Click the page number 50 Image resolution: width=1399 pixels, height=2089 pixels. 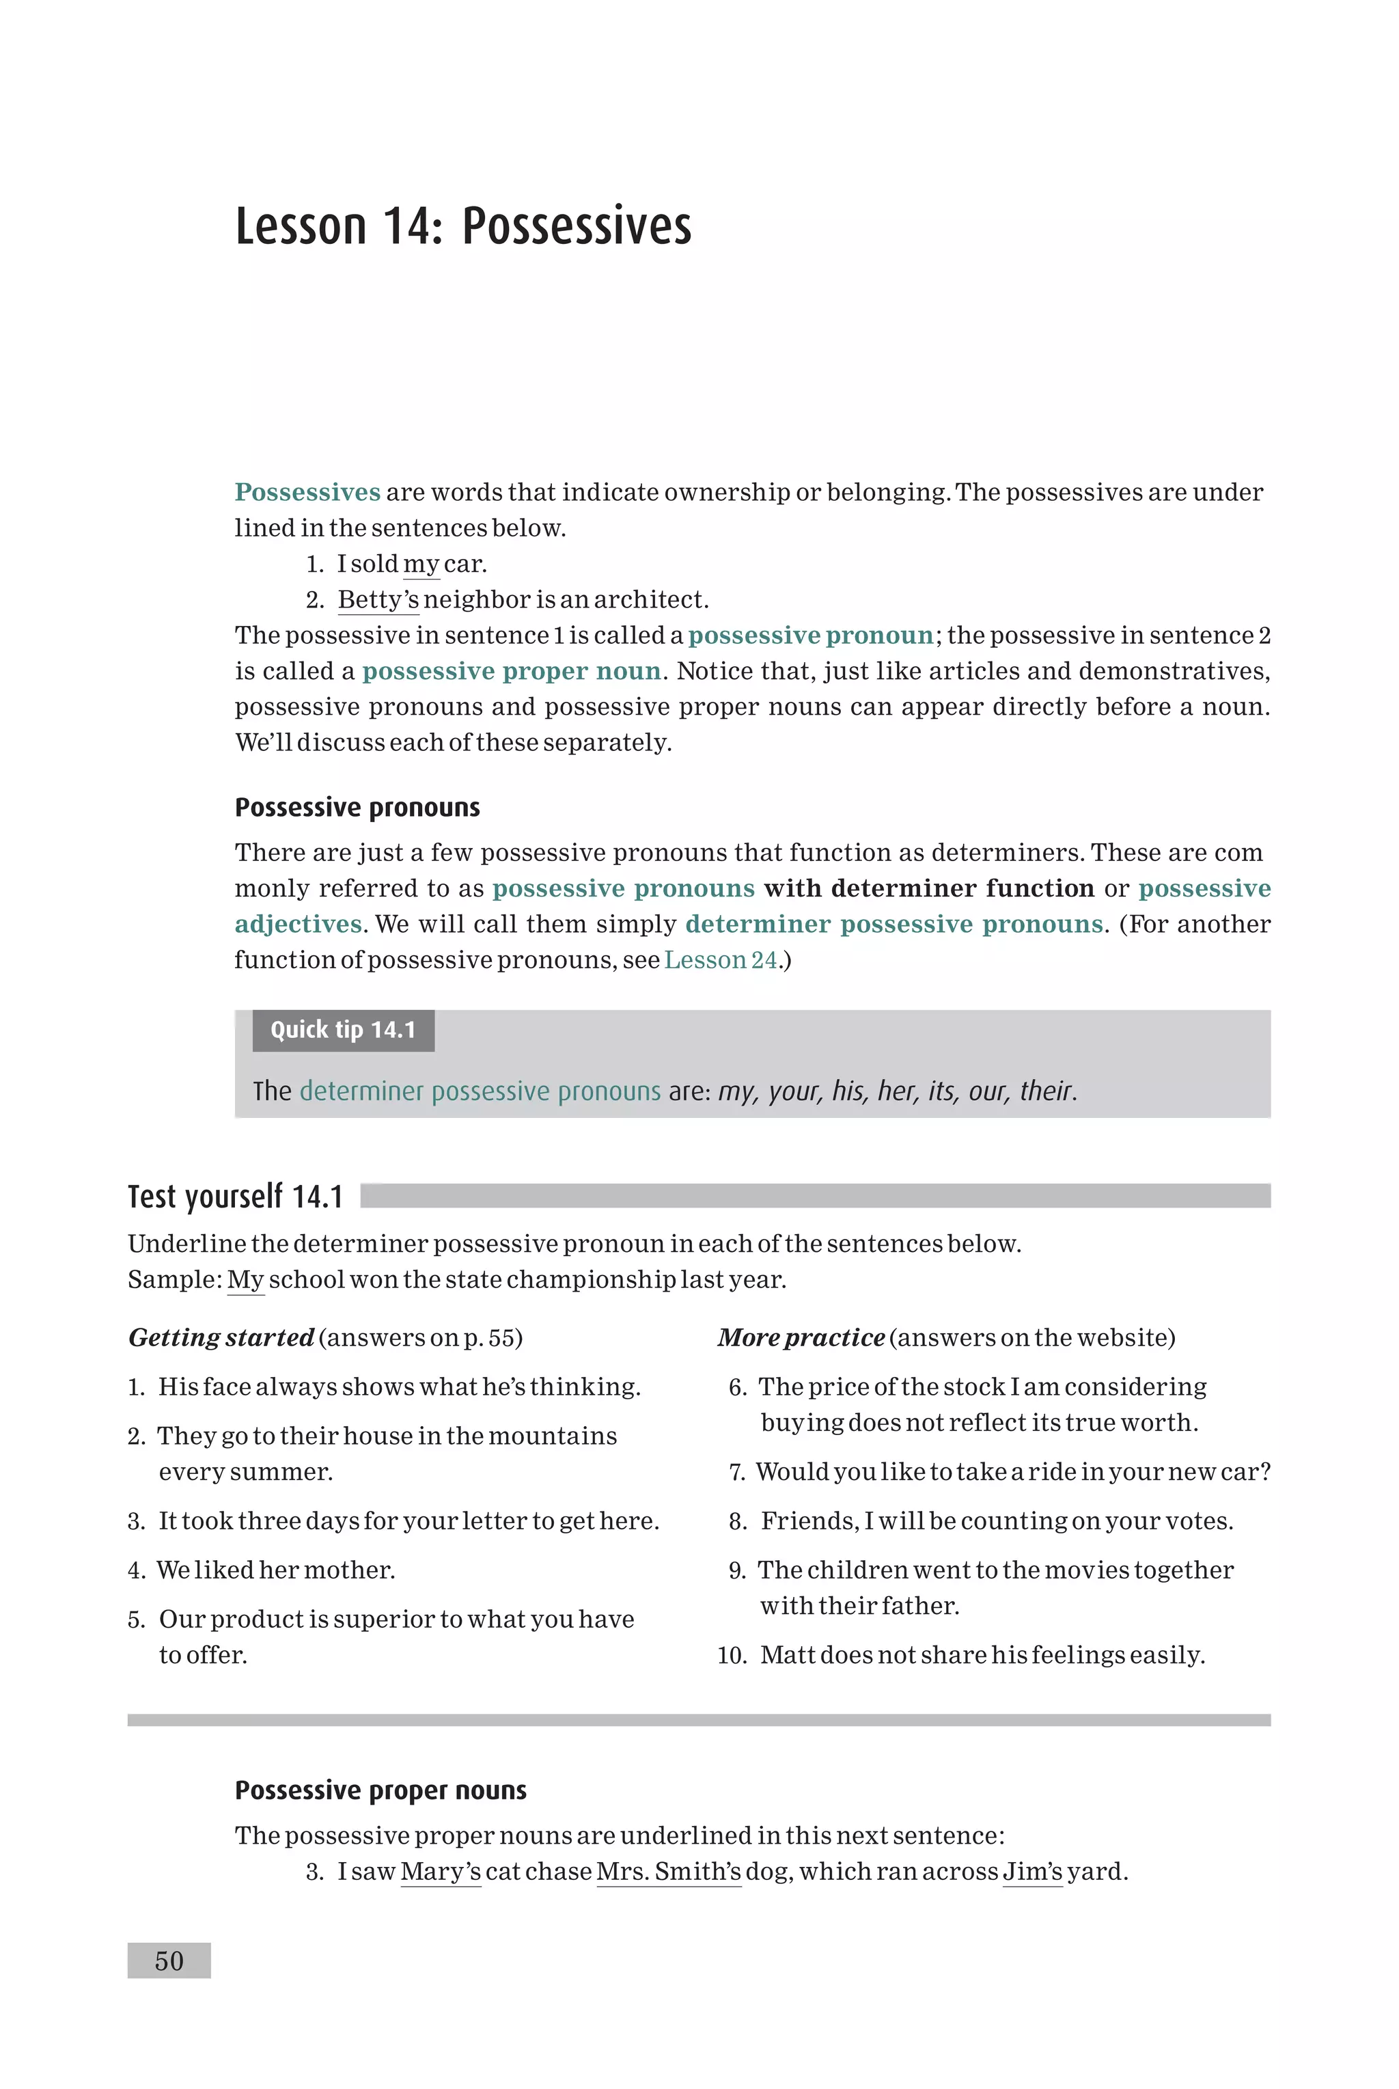point(169,1961)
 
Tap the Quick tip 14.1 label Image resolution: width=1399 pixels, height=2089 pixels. point(344,1030)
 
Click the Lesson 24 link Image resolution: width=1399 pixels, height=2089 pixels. point(721,960)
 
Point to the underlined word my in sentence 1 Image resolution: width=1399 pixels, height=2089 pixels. point(421,564)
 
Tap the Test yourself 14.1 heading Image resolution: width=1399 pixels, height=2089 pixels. point(236,1197)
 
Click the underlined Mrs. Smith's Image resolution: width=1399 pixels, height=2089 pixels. point(668,1871)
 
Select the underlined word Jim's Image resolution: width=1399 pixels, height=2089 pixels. point(1032,1871)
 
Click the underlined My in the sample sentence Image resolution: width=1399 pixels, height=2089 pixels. point(245,1280)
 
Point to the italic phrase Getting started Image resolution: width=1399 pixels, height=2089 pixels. point(221,1337)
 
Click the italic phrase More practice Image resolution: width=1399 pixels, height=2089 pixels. point(801,1337)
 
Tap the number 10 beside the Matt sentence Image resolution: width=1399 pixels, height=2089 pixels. point(732,1655)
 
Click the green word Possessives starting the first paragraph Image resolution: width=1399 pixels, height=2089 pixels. point(307,493)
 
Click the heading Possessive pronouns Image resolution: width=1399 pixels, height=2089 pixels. point(357,808)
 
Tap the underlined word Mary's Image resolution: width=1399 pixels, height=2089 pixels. point(441,1871)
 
